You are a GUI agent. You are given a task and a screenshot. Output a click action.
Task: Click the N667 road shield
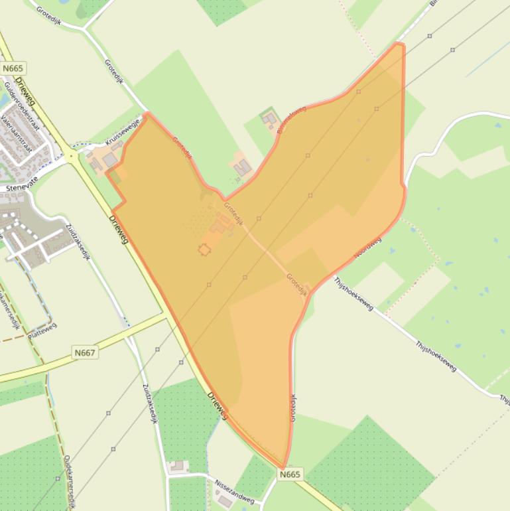click(85, 353)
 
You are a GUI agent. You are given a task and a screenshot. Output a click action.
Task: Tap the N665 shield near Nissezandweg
click(290, 474)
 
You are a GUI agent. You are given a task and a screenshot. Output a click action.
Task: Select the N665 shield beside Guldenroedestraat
click(13, 68)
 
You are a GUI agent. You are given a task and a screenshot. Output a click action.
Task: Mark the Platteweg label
click(42, 330)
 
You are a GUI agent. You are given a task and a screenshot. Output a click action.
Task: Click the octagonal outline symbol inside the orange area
click(204, 250)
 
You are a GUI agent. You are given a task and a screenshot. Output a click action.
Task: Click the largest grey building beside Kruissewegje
click(110, 160)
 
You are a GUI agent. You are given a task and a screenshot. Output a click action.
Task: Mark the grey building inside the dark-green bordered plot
click(270, 120)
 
